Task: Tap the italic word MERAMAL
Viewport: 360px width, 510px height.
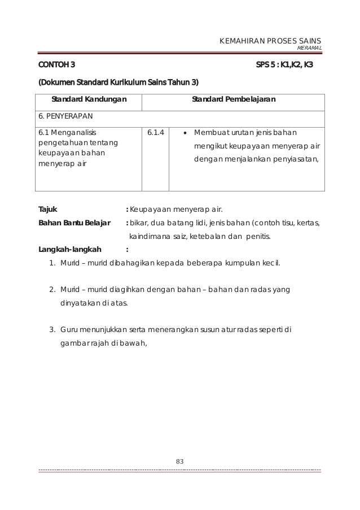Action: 309,49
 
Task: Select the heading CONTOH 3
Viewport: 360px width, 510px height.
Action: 56,64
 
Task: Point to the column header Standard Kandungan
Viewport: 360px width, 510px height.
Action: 89,100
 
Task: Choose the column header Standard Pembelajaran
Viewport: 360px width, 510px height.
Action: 234,100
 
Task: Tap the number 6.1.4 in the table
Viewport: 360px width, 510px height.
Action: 155,134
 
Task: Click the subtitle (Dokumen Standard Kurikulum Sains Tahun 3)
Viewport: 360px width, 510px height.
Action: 118,83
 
